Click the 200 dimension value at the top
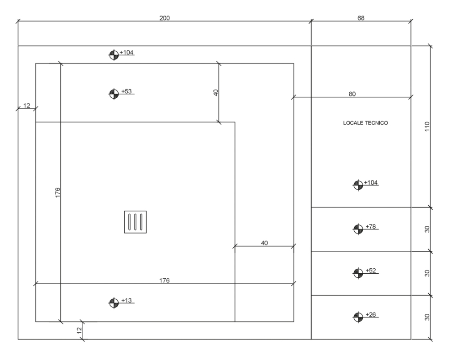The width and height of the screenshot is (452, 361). coord(164,18)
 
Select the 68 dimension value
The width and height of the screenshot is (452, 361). coord(361,18)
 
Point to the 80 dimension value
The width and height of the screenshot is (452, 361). coord(352,94)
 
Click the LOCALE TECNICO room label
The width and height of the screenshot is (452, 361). coord(366,123)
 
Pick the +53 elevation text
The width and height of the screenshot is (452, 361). coord(126,91)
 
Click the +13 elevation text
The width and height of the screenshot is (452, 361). coord(126,300)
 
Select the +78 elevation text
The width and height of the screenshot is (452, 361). coord(371,227)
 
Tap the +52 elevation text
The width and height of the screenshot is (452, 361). coord(371,271)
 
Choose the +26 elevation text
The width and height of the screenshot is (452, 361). coord(371,314)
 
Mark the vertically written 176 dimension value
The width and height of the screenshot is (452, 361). coord(58,192)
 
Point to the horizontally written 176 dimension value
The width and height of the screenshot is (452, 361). coord(164,281)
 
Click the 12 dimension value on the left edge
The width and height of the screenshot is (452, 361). coord(26,106)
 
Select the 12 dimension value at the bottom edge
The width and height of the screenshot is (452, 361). coord(79,330)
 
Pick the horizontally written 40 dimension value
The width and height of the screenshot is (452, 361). coord(264,243)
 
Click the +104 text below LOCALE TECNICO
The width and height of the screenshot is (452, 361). coord(371,182)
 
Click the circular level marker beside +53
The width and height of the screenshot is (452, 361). coord(113,94)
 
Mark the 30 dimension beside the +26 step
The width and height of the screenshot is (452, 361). coord(427,317)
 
